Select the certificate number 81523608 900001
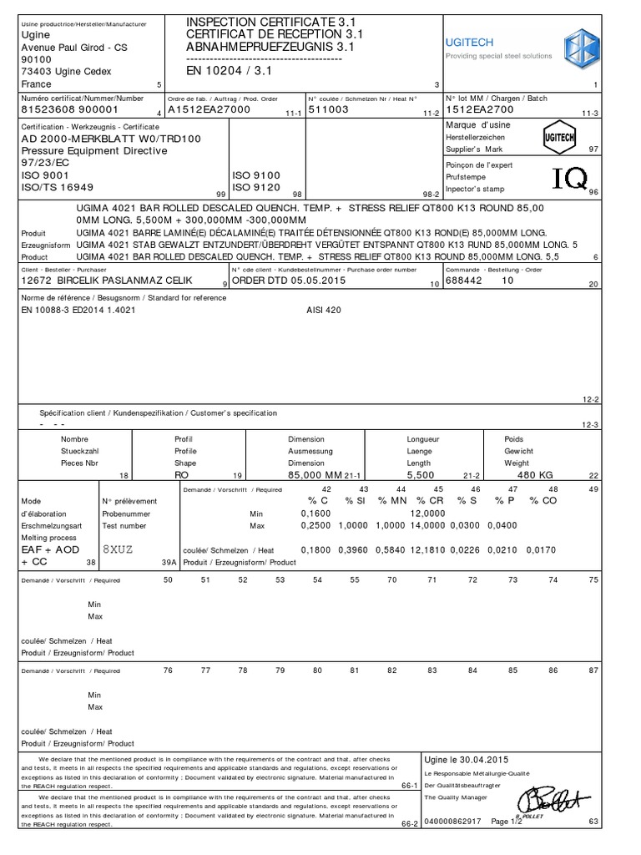[70, 109]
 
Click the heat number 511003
[329, 109]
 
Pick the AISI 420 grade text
[324, 310]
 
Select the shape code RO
[182, 474]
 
